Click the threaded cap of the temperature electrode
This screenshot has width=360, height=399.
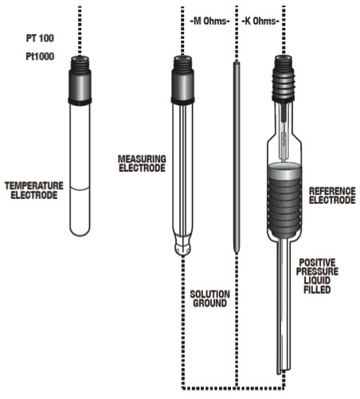click(x=80, y=80)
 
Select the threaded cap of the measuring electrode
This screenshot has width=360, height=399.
click(x=182, y=80)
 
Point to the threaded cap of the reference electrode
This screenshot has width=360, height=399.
click(x=286, y=80)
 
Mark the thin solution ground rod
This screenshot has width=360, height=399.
click(x=236, y=159)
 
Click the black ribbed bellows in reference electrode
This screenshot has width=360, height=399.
click(x=286, y=199)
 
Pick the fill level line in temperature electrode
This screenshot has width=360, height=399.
click(x=80, y=189)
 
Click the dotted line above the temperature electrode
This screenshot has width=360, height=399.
click(x=80, y=28)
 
